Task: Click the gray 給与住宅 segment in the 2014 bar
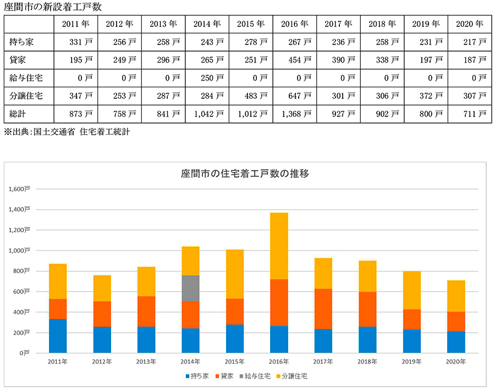[x=190, y=288]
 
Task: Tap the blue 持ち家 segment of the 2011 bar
[x=58, y=336]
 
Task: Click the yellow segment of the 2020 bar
[x=456, y=296]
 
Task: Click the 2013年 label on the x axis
[x=146, y=361]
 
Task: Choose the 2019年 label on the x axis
[x=412, y=361]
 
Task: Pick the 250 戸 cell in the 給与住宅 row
[x=207, y=78]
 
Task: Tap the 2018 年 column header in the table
[x=383, y=24]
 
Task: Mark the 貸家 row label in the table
[x=18, y=60]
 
